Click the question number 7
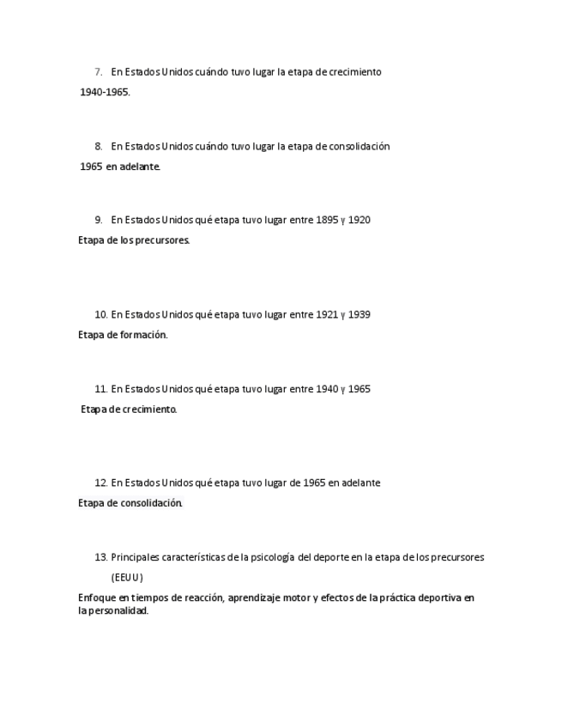pyautogui.click(x=99, y=72)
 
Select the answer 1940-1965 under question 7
pyautogui.click(x=105, y=93)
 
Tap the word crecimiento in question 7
pyautogui.click(x=355, y=72)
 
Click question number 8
pyautogui.click(x=99, y=147)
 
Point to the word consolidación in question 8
pyautogui.click(x=360, y=147)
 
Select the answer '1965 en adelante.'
pyautogui.click(x=120, y=167)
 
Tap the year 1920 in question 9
pyautogui.click(x=360, y=221)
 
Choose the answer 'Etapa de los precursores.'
pyautogui.click(x=134, y=240)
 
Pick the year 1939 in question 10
pyautogui.click(x=360, y=315)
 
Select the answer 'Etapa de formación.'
pyautogui.click(x=123, y=335)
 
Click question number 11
pyautogui.click(x=100, y=390)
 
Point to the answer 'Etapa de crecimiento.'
pyautogui.click(x=129, y=409)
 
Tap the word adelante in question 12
pyautogui.click(x=360, y=483)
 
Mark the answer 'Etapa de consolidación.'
pyautogui.click(x=130, y=503)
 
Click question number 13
pyautogui.click(x=100, y=558)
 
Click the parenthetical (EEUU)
pyautogui.click(x=127, y=578)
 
